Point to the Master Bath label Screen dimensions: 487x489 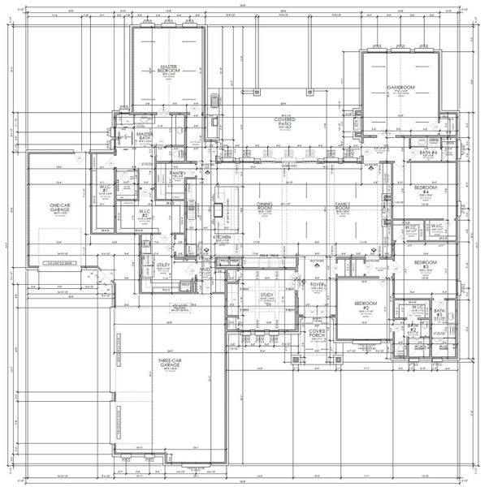tap(145, 137)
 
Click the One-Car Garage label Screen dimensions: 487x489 tap(56, 208)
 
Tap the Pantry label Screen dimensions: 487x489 tap(178, 172)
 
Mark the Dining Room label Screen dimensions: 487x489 tap(264, 206)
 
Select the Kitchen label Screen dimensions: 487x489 tap(223, 238)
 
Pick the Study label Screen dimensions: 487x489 tap(267, 295)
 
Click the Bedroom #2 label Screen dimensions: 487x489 tap(365, 306)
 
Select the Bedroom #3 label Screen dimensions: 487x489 tap(425, 265)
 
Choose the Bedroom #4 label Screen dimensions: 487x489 tap(425, 190)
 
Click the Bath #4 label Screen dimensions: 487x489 tap(428, 153)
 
